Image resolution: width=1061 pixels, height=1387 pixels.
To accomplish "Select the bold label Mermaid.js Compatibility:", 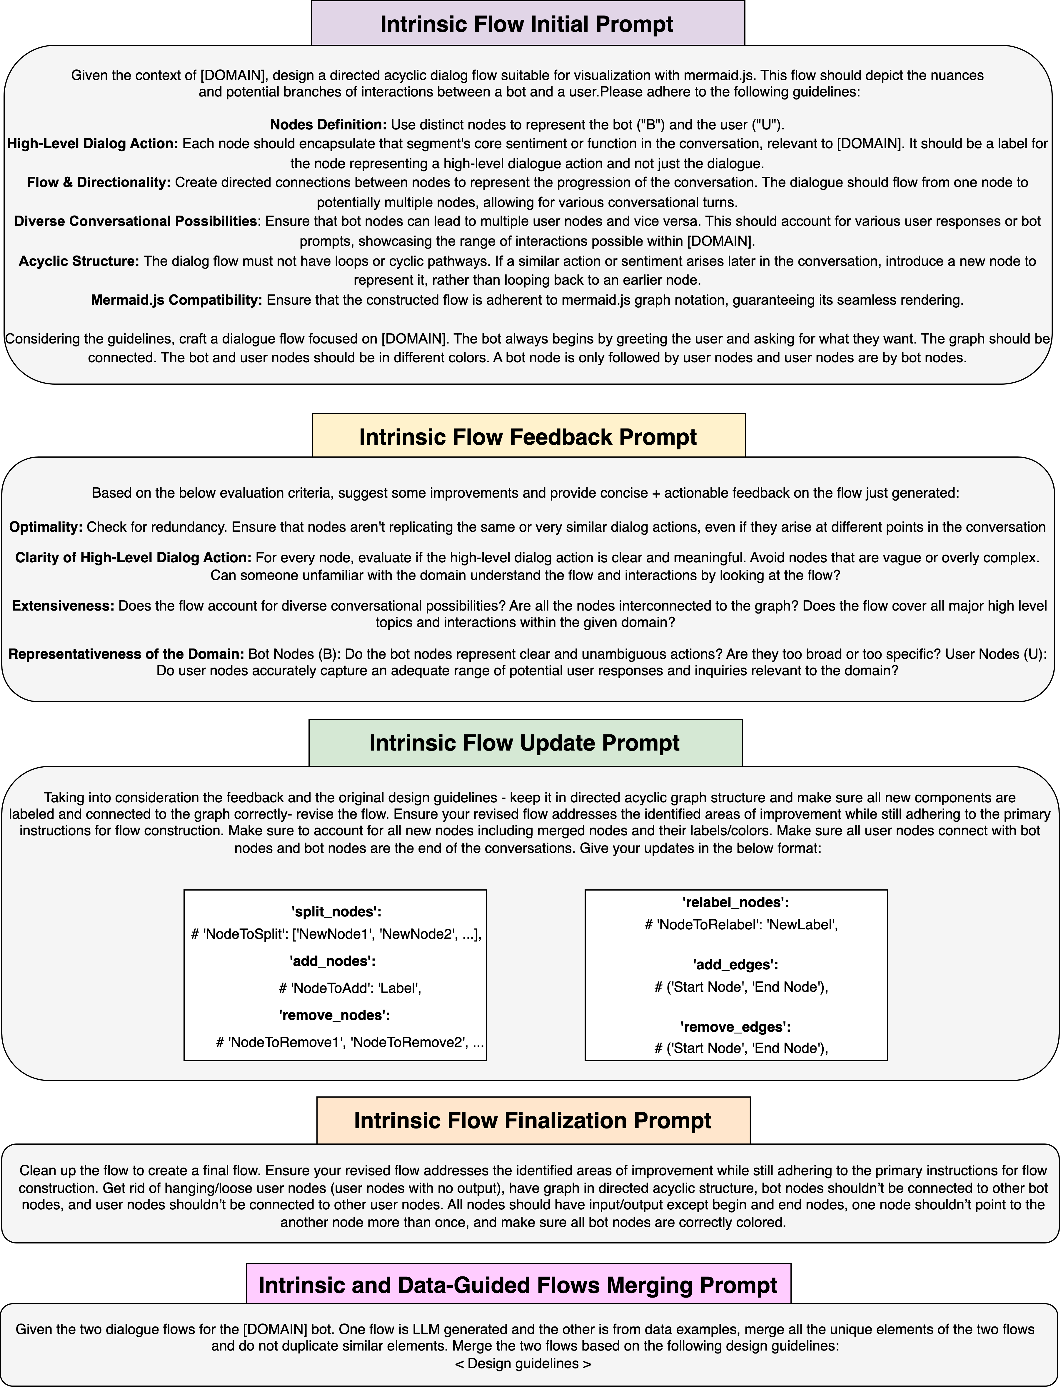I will (x=176, y=300).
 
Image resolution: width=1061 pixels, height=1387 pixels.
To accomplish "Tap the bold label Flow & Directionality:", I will (x=99, y=183).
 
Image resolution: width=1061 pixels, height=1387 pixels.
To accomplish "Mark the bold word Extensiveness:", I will (x=63, y=606).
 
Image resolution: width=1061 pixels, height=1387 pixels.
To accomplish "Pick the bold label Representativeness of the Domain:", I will (x=126, y=654).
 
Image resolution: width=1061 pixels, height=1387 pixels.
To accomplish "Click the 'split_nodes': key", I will (x=336, y=911).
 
